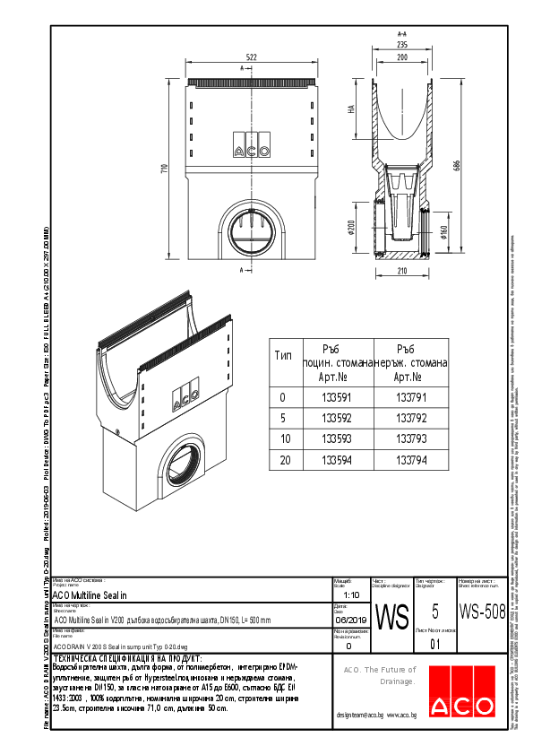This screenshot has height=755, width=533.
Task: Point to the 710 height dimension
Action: point(165,171)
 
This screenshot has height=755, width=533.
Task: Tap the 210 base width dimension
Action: point(401,271)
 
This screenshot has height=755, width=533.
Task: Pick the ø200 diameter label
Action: point(352,229)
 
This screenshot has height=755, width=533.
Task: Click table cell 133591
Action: point(335,397)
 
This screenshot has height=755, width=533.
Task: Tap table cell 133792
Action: point(410,418)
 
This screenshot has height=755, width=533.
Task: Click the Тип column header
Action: point(282,356)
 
